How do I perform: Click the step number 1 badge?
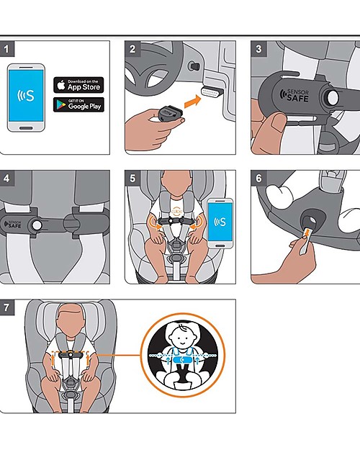7,49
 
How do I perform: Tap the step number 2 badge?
132,49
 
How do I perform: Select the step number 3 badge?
258,49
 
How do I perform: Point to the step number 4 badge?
7,179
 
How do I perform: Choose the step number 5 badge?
132,179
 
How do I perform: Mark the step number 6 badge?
258,179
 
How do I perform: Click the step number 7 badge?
7,307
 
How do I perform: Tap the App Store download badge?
78,84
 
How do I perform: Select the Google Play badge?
78,105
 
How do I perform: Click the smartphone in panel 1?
26,97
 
